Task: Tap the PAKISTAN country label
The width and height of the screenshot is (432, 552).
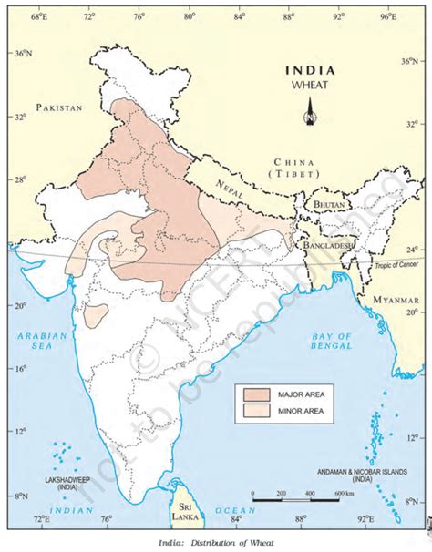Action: (59, 107)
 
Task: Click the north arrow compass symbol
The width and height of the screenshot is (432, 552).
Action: (310, 115)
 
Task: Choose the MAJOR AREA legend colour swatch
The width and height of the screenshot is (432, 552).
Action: (254, 394)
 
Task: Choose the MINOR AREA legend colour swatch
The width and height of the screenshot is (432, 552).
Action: (254, 412)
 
